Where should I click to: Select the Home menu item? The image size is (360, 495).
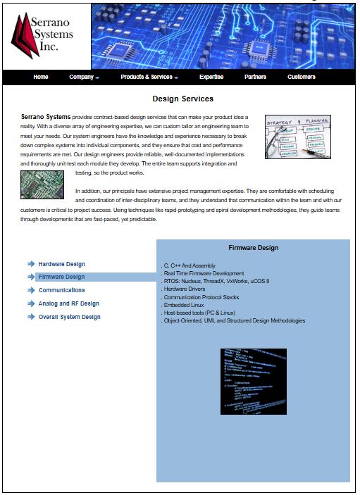click(41, 77)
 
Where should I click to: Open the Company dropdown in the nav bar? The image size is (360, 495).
click(84, 77)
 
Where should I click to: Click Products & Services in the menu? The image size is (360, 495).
click(149, 77)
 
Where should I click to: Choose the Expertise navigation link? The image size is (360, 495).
click(211, 77)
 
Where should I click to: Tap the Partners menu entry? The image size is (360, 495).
click(255, 77)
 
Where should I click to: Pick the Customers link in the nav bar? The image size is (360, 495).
click(302, 77)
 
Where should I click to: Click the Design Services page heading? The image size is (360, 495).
click(182, 99)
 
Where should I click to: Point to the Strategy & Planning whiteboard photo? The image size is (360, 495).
click(297, 137)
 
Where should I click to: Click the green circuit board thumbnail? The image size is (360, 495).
click(42, 183)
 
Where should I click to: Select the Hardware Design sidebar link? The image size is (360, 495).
click(61, 264)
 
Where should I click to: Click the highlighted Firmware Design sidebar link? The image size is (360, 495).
click(61, 277)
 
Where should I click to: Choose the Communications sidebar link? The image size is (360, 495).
click(61, 290)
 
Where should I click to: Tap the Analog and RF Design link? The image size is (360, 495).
click(68, 303)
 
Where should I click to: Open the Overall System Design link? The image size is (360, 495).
click(69, 317)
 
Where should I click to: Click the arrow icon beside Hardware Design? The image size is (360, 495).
click(31, 263)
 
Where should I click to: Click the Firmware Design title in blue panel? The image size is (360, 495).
click(253, 248)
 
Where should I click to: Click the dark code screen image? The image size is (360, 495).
click(254, 381)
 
